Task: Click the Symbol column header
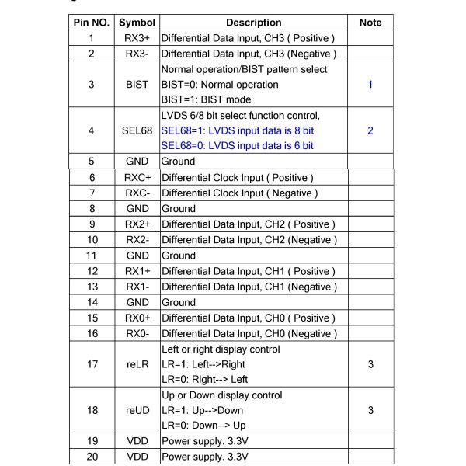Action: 137,23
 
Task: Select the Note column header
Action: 370,23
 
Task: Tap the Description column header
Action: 254,23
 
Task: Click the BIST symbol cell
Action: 137,84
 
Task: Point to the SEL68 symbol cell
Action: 137,130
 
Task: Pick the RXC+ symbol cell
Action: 137,178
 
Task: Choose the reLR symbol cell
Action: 137,364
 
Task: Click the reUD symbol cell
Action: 137,410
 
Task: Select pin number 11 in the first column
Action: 92,256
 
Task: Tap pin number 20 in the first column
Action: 92,457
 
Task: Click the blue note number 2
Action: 370,130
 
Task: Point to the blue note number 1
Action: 370,84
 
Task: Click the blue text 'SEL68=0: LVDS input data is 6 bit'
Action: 237,146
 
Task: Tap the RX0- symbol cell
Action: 137,333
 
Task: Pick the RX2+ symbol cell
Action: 137,224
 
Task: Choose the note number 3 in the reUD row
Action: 370,410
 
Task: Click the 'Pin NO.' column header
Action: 92,23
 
